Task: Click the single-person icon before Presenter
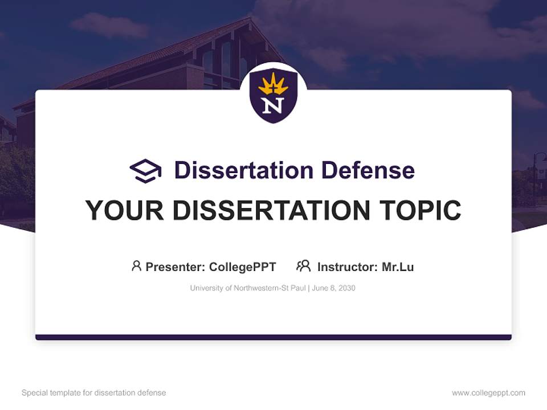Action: coord(136,266)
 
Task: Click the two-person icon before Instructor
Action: coord(304,266)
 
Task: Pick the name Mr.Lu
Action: coord(398,267)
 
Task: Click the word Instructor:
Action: coord(348,267)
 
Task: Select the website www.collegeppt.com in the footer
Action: coord(488,393)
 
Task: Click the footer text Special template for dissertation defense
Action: coord(93,393)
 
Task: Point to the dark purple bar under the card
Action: coord(273,337)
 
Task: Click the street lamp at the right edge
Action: coord(535,171)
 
